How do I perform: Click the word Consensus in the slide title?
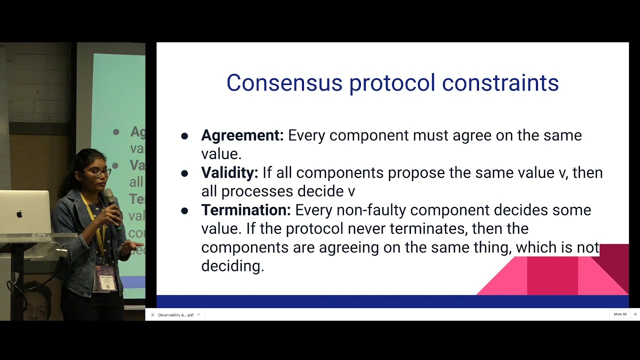(284, 83)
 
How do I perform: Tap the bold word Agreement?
(242, 135)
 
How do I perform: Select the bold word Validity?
(229, 173)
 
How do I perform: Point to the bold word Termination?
(245, 210)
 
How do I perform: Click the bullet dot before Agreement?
(184, 136)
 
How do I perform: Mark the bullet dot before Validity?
(184, 173)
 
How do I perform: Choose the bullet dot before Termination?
(184, 211)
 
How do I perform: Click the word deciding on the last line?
(232, 266)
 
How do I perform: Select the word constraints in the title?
(500, 83)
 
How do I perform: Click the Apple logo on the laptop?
(19, 214)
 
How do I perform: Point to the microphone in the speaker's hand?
(109, 197)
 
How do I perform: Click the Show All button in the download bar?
(620, 314)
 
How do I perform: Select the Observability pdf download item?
(175, 315)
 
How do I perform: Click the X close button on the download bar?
(635, 314)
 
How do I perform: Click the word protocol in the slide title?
(392, 83)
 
